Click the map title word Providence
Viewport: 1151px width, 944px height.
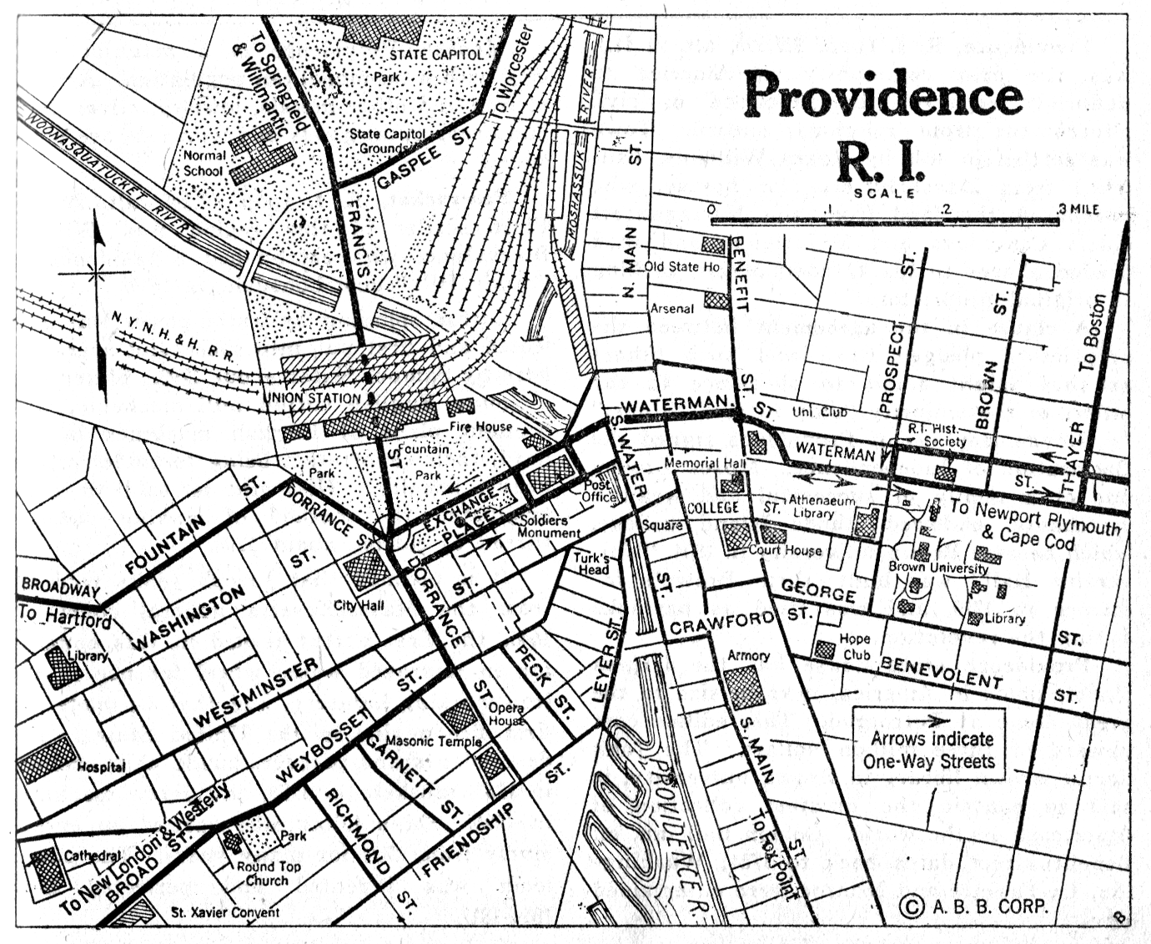point(882,95)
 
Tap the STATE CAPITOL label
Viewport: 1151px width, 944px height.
point(435,54)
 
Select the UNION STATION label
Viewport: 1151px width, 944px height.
point(312,398)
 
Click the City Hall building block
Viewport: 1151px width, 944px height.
point(365,570)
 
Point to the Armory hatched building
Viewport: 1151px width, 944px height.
point(743,689)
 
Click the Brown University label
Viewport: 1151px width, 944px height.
point(937,568)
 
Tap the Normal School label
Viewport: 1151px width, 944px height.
point(204,163)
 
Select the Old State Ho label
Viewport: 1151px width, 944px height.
point(681,266)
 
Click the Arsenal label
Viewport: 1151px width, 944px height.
point(671,308)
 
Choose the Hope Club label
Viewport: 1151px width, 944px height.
point(855,646)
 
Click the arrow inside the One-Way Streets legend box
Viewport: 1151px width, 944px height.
point(927,720)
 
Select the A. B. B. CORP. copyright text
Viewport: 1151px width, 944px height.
point(974,906)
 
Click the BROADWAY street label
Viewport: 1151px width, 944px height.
point(60,588)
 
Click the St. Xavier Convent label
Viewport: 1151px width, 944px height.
point(225,912)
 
